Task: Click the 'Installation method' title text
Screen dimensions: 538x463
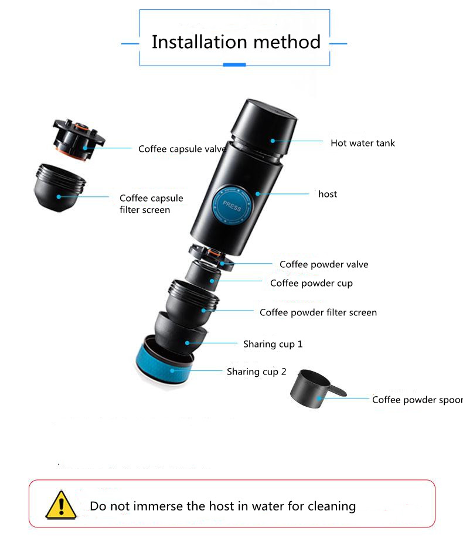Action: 236,42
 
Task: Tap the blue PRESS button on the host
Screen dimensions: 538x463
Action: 231,207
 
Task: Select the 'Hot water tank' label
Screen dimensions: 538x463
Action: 362,143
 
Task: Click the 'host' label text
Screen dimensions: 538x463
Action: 327,194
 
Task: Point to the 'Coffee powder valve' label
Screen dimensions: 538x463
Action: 324,264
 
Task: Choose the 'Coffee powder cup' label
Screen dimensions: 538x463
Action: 311,284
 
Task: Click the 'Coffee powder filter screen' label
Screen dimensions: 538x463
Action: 318,312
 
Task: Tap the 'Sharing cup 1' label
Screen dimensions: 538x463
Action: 273,344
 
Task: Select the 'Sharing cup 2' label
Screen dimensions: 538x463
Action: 256,372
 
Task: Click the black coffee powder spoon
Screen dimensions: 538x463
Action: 312,389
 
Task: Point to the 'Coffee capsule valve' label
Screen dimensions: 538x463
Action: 182,149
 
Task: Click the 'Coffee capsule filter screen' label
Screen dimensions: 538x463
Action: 151,203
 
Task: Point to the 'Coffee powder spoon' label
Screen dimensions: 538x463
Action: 417,400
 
